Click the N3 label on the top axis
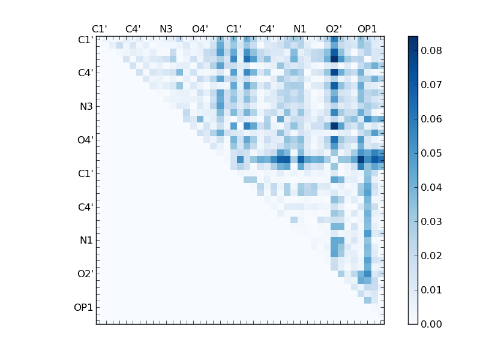(166, 29)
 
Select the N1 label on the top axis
(300, 29)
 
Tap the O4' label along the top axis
(200, 29)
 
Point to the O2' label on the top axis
(334, 29)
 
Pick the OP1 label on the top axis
(367, 29)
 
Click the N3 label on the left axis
(86, 107)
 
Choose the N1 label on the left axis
(86, 241)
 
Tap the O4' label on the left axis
(85, 140)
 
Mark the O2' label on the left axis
(85, 274)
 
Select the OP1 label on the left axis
(83, 308)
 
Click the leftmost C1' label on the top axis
(100, 29)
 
